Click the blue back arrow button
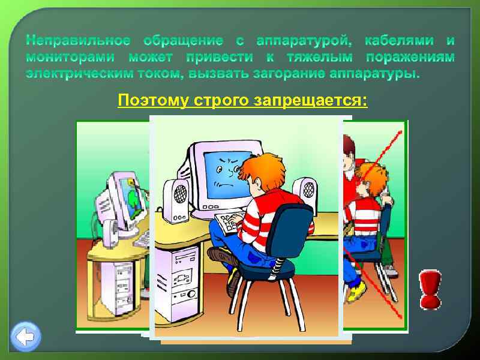tap(26, 337)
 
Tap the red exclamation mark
tap(430, 289)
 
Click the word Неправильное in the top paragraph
tap(78, 41)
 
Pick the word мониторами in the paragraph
tap(73, 58)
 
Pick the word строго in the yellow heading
tap(221, 100)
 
